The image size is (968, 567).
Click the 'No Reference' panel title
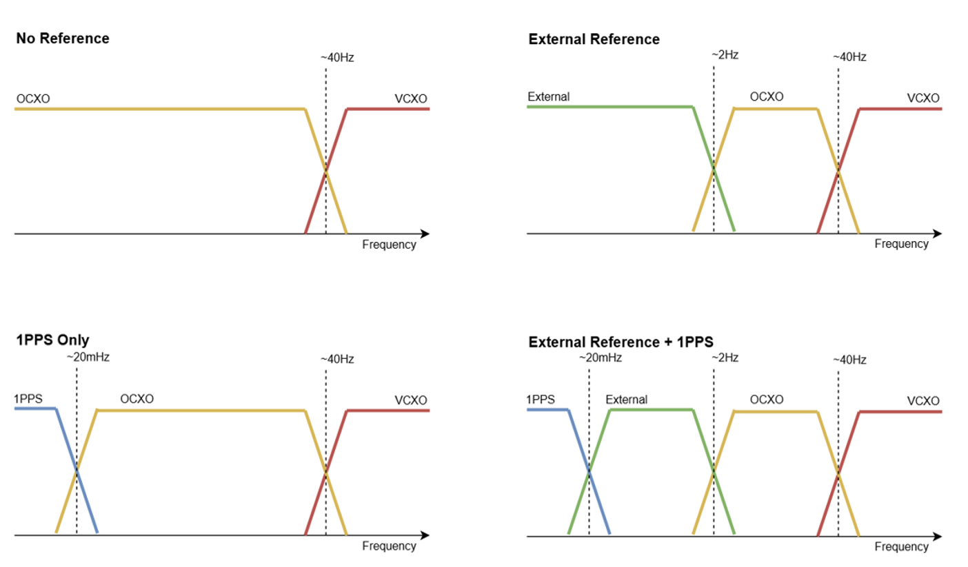tap(63, 39)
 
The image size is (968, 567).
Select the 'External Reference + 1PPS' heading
tap(621, 342)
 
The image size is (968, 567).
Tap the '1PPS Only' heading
tap(53, 339)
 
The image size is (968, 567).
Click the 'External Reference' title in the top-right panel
tap(594, 39)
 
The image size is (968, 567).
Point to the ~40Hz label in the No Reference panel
tap(337, 57)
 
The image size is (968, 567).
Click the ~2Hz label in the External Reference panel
tap(725, 54)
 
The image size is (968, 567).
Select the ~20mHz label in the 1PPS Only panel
tap(88, 358)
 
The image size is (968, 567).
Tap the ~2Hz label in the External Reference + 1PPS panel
tap(725, 357)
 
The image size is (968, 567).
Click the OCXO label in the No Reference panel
tap(33, 99)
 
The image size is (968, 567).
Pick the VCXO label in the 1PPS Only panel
tap(410, 400)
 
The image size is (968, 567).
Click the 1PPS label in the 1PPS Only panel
tap(28, 398)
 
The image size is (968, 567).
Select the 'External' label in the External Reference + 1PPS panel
tap(626, 400)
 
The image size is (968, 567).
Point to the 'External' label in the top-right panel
tap(548, 97)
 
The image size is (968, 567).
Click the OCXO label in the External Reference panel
tap(766, 97)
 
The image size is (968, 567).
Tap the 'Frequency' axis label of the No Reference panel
tap(389, 245)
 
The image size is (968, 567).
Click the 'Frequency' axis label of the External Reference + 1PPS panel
tap(901, 547)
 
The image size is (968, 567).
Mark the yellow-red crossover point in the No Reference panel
tap(325, 170)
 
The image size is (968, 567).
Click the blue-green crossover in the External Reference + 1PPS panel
tap(589, 472)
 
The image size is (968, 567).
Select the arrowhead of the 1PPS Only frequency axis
tap(425, 535)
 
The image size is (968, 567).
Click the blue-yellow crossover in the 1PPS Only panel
tap(77, 471)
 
